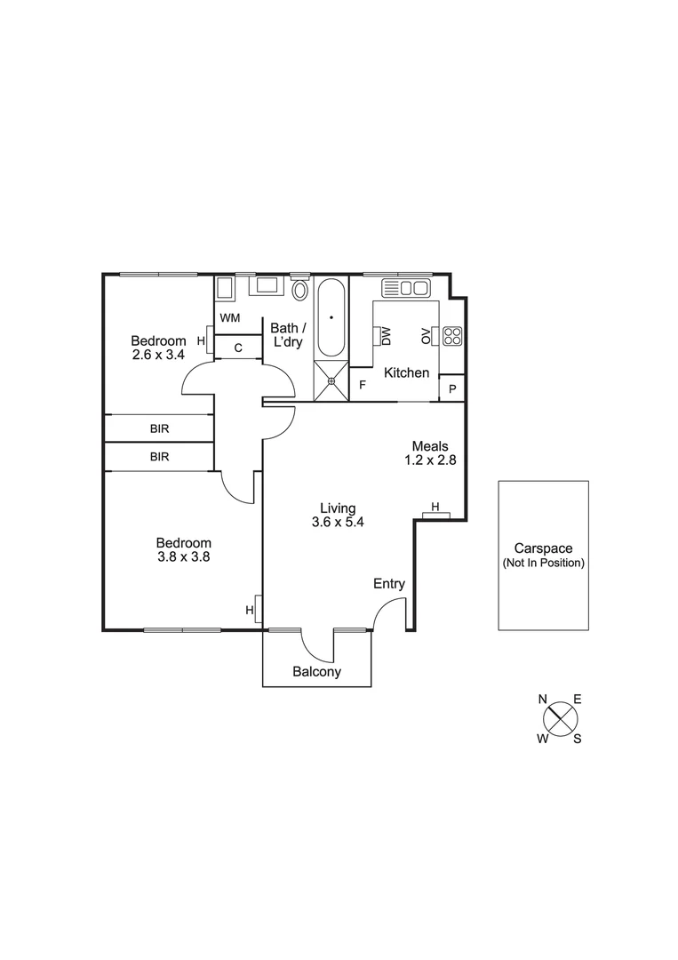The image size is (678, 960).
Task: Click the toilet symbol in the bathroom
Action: pyautogui.click(x=300, y=291)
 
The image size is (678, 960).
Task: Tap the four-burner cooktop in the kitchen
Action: pyautogui.click(x=452, y=335)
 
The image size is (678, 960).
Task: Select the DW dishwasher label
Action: pyautogui.click(x=387, y=335)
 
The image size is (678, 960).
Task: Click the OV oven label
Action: pyautogui.click(x=426, y=335)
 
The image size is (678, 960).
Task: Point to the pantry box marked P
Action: pyautogui.click(x=452, y=388)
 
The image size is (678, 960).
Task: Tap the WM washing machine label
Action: pyautogui.click(x=229, y=317)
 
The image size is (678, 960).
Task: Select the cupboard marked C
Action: pyautogui.click(x=238, y=348)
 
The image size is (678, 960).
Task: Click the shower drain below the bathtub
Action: pyautogui.click(x=331, y=381)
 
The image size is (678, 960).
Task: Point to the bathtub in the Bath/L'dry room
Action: pyautogui.click(x=331, y=318)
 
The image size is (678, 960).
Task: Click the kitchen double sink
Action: pyautogui.click(x=405, y=287)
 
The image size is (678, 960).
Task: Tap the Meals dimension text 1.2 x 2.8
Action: pyautogui.click(x=429, y=460)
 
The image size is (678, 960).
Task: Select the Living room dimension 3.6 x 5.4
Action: pyautogui.click(x=338, y=522)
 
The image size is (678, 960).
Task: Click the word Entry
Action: pyautogui.click(x=388, y=584)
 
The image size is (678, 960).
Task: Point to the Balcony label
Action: pyautogui.click(x=316, y=672)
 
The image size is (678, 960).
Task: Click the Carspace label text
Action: pyautogui.click(x=543, y=549)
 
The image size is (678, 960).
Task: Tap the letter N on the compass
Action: pyautogui.click(x=543, y=699)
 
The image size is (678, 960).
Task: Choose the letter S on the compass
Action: pyautogui.click(x=577, y=738)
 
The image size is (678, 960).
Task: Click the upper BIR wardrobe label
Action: pyautogui.click(x=159, y=428)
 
